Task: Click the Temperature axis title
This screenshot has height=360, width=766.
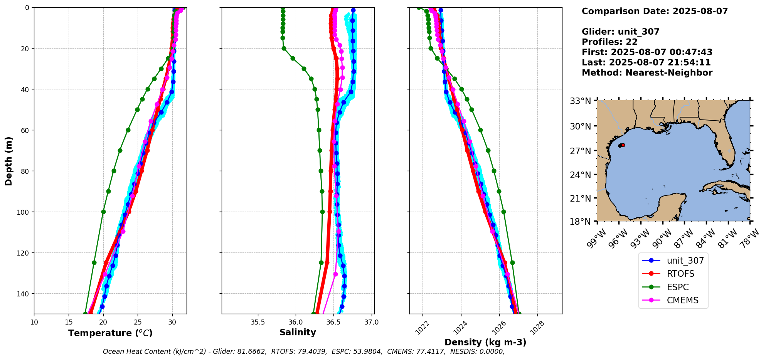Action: coord(110,333)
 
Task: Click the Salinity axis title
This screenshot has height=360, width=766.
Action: coord(298,333)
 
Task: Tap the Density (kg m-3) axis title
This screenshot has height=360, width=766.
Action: coord(485,342)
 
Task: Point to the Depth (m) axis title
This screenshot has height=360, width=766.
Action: coord(9,161)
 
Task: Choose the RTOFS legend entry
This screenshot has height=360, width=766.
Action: coord(680,274)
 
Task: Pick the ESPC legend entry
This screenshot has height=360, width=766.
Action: coord(678,287)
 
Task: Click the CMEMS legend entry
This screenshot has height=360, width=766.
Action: coord(682,300)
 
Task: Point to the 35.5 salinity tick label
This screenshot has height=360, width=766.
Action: coord(258,322)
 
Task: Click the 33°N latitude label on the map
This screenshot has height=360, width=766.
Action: coord(581,101)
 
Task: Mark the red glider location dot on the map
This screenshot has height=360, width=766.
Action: coord(623,145)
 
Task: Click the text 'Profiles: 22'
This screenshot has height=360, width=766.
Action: coord(609,42)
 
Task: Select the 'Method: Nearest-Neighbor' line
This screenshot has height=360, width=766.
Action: coord(647,73)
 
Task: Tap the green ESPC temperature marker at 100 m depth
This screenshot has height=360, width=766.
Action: coord(103,212)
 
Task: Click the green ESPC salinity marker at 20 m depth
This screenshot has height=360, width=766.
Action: coord(284,49)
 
